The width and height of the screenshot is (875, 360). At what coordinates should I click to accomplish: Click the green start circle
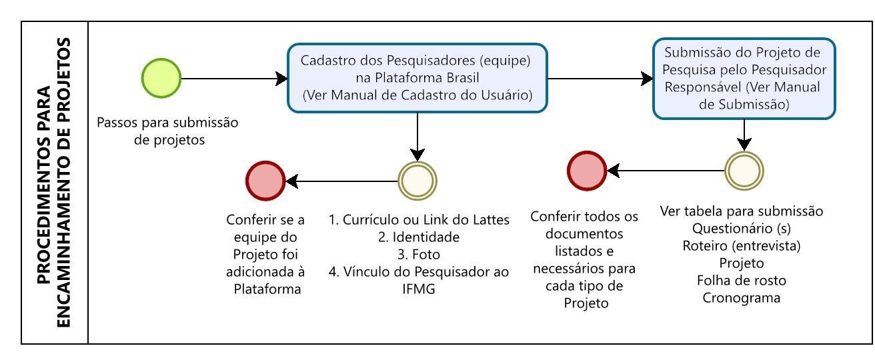coord(161,78)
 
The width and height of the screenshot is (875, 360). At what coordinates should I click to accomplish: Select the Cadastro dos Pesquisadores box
coord(417,78)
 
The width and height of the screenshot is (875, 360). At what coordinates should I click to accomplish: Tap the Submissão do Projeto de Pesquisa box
coord(744,79)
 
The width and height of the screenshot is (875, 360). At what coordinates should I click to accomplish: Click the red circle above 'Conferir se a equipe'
coord(265,181)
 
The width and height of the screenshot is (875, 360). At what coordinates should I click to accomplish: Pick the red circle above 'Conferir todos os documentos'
coord(587,171)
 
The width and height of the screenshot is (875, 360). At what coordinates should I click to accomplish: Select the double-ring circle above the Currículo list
coord(417,181)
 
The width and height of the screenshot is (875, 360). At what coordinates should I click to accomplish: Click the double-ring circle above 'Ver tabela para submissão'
coord(744,171)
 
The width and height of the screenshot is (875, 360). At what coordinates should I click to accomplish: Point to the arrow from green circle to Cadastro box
coord(234,79)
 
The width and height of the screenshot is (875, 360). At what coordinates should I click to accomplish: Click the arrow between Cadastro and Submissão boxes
coord(600,79)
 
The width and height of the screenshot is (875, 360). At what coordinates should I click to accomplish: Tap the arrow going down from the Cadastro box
coord(417,137)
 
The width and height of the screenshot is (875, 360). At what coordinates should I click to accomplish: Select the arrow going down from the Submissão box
coord(744,135)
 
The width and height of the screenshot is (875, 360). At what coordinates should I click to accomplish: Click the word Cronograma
coord(742,298)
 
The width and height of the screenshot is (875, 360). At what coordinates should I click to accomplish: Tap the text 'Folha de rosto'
coord(742,281)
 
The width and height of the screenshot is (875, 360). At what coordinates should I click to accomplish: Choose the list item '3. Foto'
coord(419,255)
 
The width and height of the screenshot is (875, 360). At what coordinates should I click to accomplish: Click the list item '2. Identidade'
coord(419,237)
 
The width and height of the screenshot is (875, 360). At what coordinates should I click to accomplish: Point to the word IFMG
coord(419,289)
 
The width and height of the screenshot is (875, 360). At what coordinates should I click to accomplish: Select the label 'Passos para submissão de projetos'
coord(167,131)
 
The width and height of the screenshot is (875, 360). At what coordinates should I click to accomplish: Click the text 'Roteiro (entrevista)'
coord(742,246)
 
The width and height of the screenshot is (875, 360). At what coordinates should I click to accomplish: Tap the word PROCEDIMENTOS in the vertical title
coord(44,185)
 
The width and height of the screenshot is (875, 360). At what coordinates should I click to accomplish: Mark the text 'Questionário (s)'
coord(742,229)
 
